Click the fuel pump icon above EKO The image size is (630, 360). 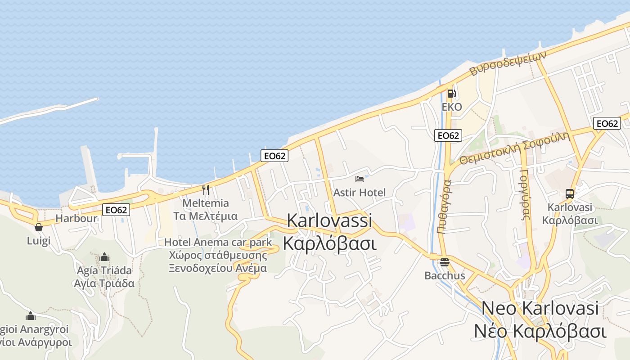click(451, 94)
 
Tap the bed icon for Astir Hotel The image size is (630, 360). click(360, 179)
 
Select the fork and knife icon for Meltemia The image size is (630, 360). click(206, 189)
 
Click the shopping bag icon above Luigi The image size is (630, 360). click(39, 227)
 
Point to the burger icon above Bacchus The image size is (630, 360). click(445, 262)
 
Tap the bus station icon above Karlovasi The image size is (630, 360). click(570, 194)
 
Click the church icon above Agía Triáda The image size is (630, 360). click(104, 257)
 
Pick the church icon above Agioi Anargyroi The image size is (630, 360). click(31, 316)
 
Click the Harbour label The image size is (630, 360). click(76, 219)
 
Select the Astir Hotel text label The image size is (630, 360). click(360, 193)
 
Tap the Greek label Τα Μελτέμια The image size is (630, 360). click(206, 216)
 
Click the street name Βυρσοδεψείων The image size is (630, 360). click(508, 63)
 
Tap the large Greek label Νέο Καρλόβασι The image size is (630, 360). click(540, 332)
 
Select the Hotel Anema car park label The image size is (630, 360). click(218, 242)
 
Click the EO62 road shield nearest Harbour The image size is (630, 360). click(116, 209)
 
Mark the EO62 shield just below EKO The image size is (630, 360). click(448, 135)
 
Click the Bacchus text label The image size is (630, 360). click(445, 275)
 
